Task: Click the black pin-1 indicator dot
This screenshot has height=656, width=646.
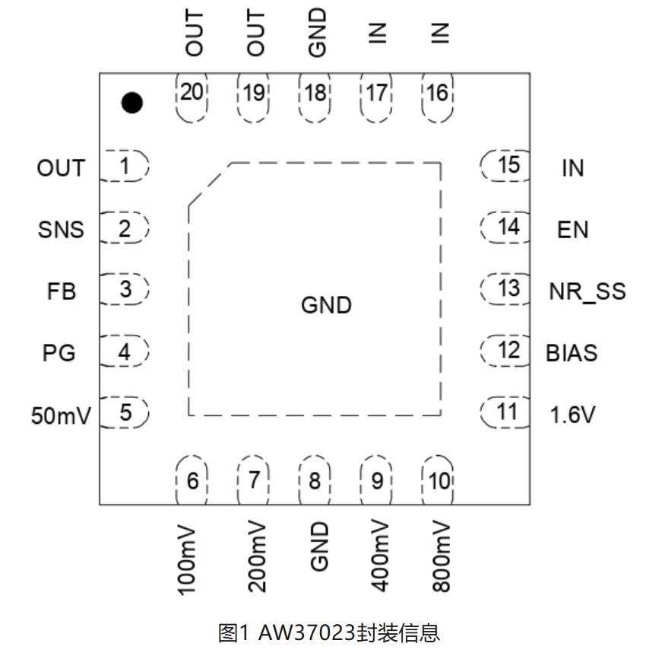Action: [132, 101]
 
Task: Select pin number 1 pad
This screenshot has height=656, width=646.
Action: [125, 166]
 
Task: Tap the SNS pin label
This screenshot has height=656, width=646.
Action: [61, 229]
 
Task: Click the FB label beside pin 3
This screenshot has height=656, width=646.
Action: [61, 291]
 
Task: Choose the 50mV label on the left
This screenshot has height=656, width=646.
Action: [60, 416]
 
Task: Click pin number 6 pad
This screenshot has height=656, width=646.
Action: [192, 480]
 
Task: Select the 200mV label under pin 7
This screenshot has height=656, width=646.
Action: [257, 558]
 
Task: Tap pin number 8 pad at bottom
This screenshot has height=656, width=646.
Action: [315, 480]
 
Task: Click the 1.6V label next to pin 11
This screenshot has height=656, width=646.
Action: [572, 415]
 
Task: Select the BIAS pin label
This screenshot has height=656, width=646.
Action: [572, 353]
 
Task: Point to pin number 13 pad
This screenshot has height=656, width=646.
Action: [507, 289]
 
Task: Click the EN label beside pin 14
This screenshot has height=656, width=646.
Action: [572, 229]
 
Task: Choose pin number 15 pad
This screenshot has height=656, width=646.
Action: [507, 165]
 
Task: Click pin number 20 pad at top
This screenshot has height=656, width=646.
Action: [192, 94]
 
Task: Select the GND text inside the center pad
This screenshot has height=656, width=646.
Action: [326, 306]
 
